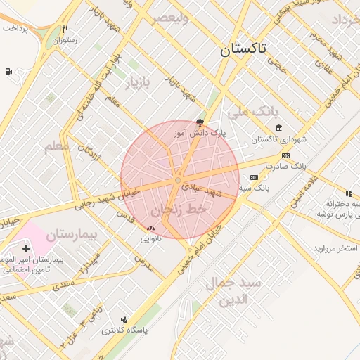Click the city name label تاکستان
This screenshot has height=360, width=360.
pos(243,49)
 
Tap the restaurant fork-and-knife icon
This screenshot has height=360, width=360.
pos(65,30)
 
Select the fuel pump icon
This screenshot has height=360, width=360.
pos(8,71)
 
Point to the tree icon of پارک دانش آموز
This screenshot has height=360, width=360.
pos(200,122)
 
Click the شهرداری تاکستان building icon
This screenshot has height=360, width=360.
pos(279,127)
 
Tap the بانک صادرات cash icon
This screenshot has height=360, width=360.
pos(285,155)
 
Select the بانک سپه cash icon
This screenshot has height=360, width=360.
pos(254,177)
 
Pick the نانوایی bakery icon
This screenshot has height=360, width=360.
pos(150,228)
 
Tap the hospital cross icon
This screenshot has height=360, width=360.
pos(26,248)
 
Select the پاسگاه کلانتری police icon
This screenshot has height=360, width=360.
pos(124,319)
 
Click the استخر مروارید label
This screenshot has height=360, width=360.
pos(335,249)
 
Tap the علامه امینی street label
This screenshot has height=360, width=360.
pos(303,191)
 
